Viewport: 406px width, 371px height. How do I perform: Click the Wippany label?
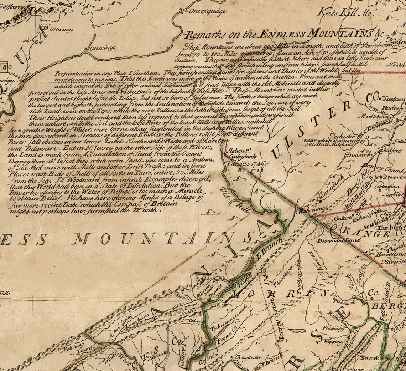(x=334, y=341)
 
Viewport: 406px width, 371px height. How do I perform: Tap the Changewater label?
(x=248, y=357)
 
